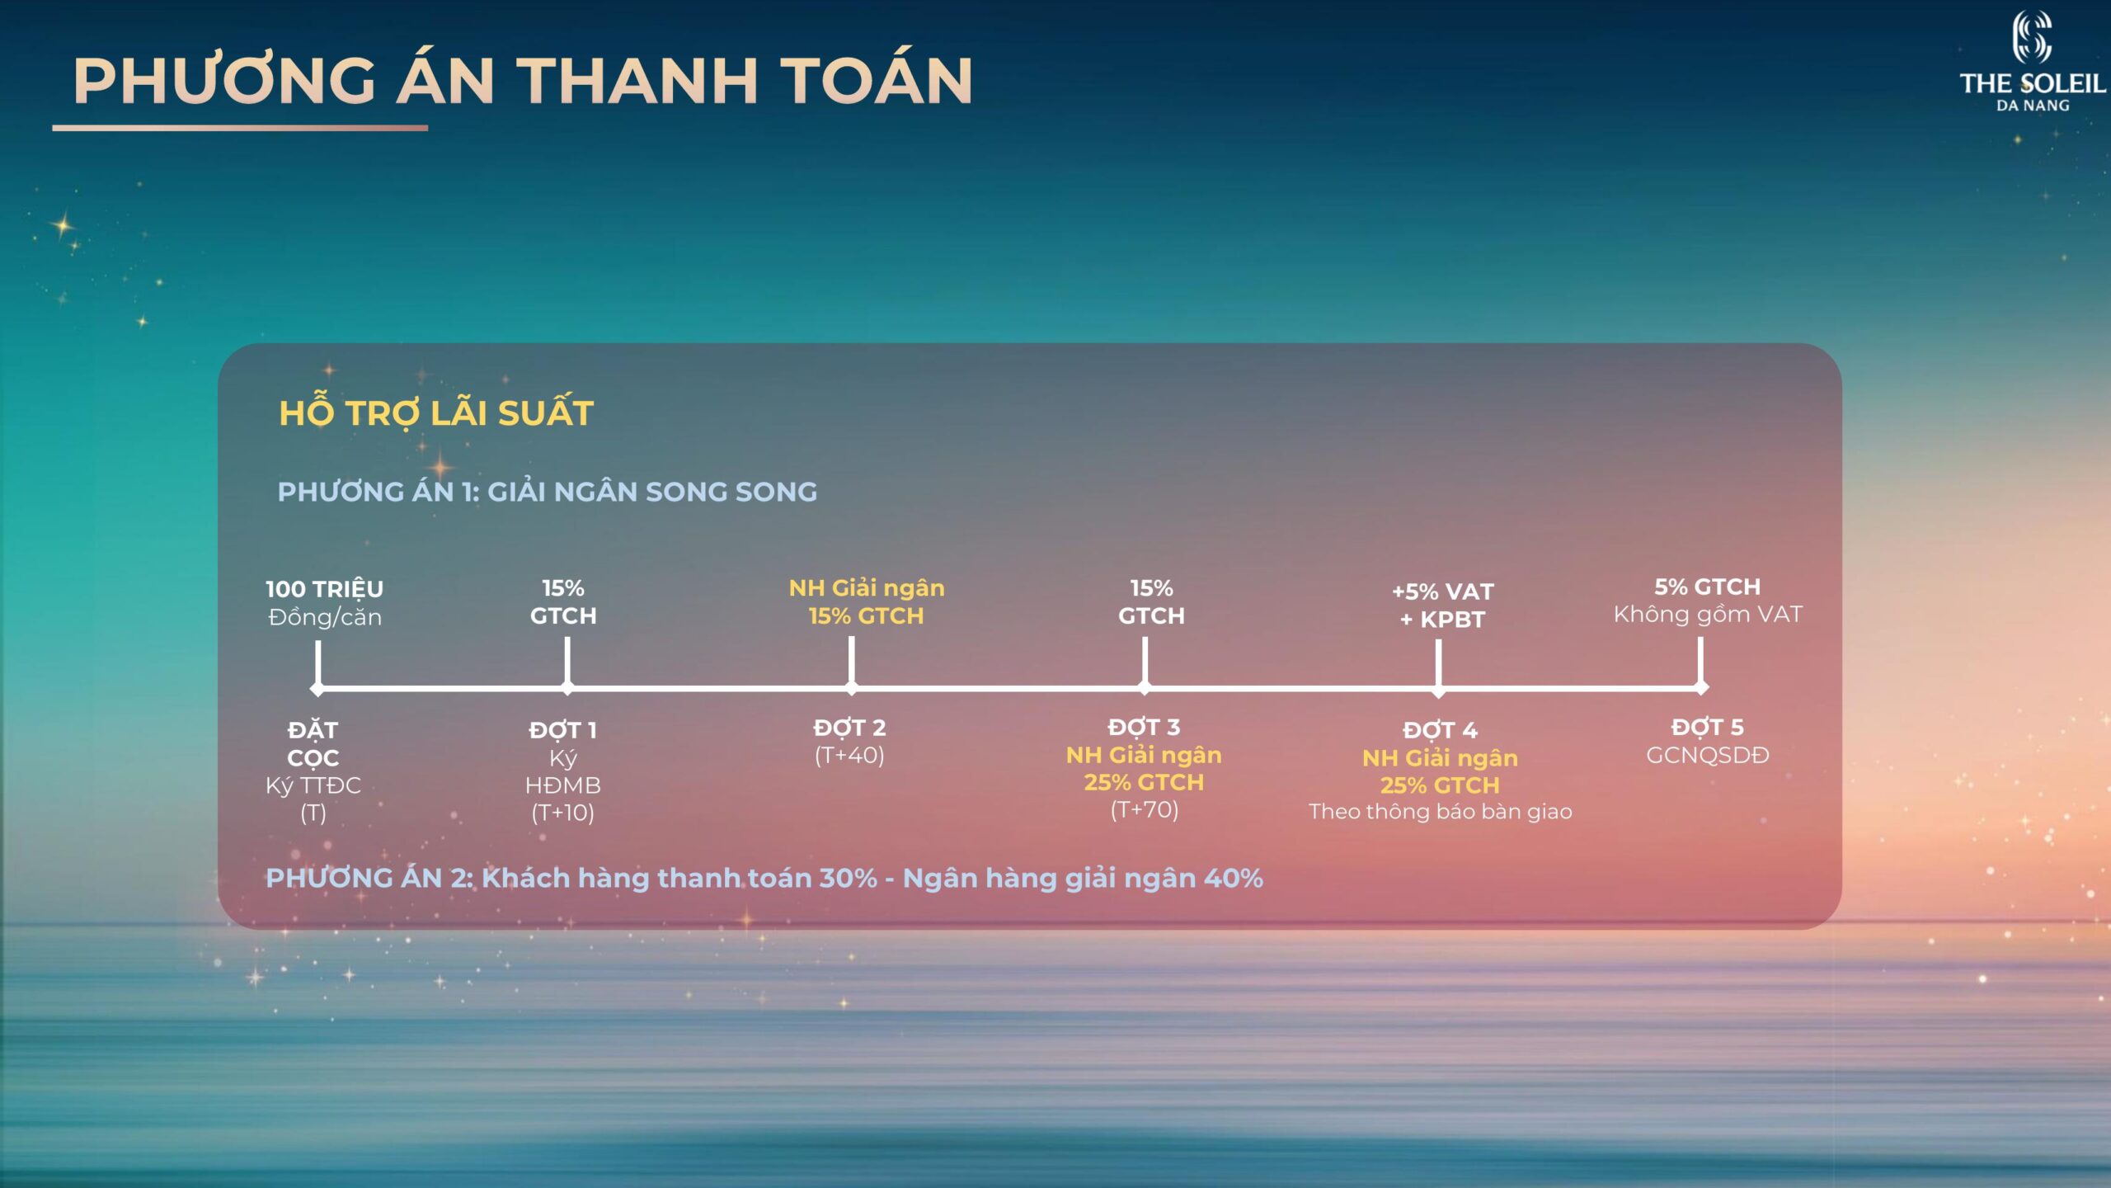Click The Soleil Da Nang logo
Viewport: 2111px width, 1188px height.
[2033, 61]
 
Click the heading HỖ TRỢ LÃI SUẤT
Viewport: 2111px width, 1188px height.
[436, 412]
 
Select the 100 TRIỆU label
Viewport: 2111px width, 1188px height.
[324, 589]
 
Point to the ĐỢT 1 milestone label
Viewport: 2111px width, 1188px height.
[563, 730]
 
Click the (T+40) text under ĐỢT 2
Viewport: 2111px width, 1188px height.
[849, 756]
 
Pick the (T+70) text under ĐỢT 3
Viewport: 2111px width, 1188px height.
[1145, 810]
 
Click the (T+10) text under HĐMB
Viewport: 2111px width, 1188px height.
[563, 813]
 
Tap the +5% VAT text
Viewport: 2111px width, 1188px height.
[1442, 592]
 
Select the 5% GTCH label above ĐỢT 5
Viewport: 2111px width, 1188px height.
[1707, 587]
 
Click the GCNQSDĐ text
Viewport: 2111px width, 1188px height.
[1708, 755]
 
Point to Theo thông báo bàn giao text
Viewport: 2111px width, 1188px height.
[1440, 812]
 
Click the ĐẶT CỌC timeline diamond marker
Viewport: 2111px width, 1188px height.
[317, 688]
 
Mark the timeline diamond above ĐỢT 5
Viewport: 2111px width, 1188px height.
[1700, 687]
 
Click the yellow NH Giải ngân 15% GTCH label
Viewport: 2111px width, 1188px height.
[867, 602]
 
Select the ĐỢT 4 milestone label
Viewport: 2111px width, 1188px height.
[1440, 730]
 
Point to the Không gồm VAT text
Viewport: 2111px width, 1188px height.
[1708, 615]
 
